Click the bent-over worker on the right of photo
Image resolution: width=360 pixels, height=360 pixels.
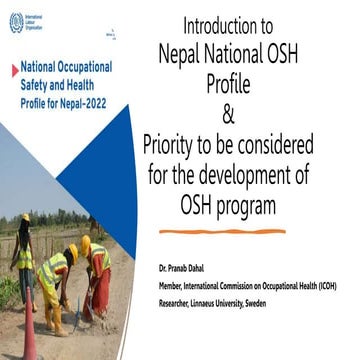point(97,270)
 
